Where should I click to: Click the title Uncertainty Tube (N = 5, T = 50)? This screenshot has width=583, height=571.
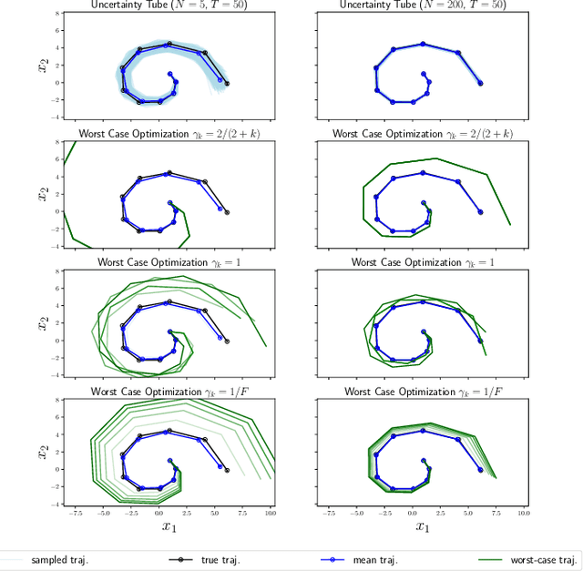click(x=169, y=5)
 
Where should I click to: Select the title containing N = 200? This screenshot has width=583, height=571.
click(x=423, y=5)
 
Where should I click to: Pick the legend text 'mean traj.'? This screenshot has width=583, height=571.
click(x=376, y=559)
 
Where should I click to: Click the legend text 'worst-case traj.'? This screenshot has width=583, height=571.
click(x=546, y=559)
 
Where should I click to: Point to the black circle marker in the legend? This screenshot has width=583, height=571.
click(x=185, y=559)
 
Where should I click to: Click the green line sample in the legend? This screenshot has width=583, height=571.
click(x=496, y=559)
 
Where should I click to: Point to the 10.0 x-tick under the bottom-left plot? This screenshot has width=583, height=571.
click(x=271, y=513)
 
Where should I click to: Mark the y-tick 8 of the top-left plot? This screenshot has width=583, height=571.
click(x=56, y=15)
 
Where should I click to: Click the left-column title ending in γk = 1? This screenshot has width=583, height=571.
click(x=169, y=262)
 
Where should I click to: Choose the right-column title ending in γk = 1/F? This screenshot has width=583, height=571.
click(x=423, y=392)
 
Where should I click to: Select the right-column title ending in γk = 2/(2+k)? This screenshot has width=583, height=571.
click(x=423, y=134)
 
